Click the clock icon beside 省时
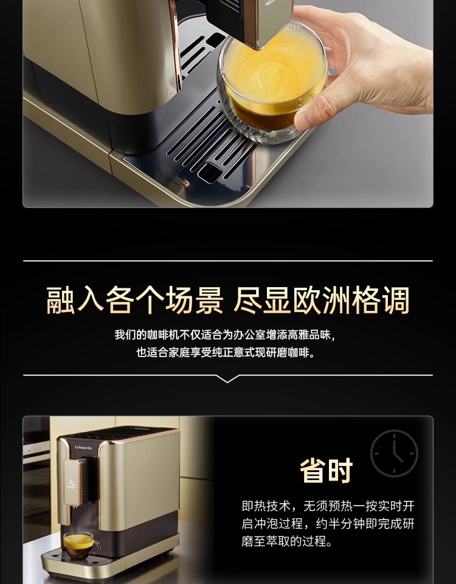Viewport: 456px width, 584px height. point(394,453)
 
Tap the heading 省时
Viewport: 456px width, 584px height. point(326,471)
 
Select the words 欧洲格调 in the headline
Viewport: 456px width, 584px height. point(351,300)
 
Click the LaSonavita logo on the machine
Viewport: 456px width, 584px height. point(83,447)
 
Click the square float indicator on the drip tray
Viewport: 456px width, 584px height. point(210,173)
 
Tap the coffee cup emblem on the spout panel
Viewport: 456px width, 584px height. point(71,484)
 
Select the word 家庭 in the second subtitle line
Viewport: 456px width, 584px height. point(179,352)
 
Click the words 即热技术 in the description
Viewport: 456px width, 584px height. point(266,506)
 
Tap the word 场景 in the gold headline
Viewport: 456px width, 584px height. point(194,300)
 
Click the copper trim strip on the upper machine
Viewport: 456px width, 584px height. point(175,44)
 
